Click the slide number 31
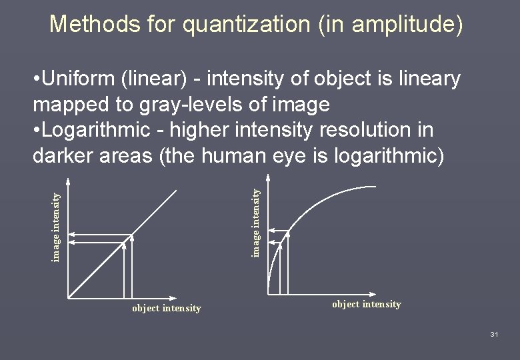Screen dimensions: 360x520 coord(493,333)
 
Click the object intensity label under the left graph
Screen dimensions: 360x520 coord(166,308)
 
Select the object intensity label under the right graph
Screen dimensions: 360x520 coord(367,304)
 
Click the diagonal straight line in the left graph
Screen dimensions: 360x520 coord(153,213)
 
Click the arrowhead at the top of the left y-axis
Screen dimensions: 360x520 coord(67,179)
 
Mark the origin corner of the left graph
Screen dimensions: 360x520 coord(67,297)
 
